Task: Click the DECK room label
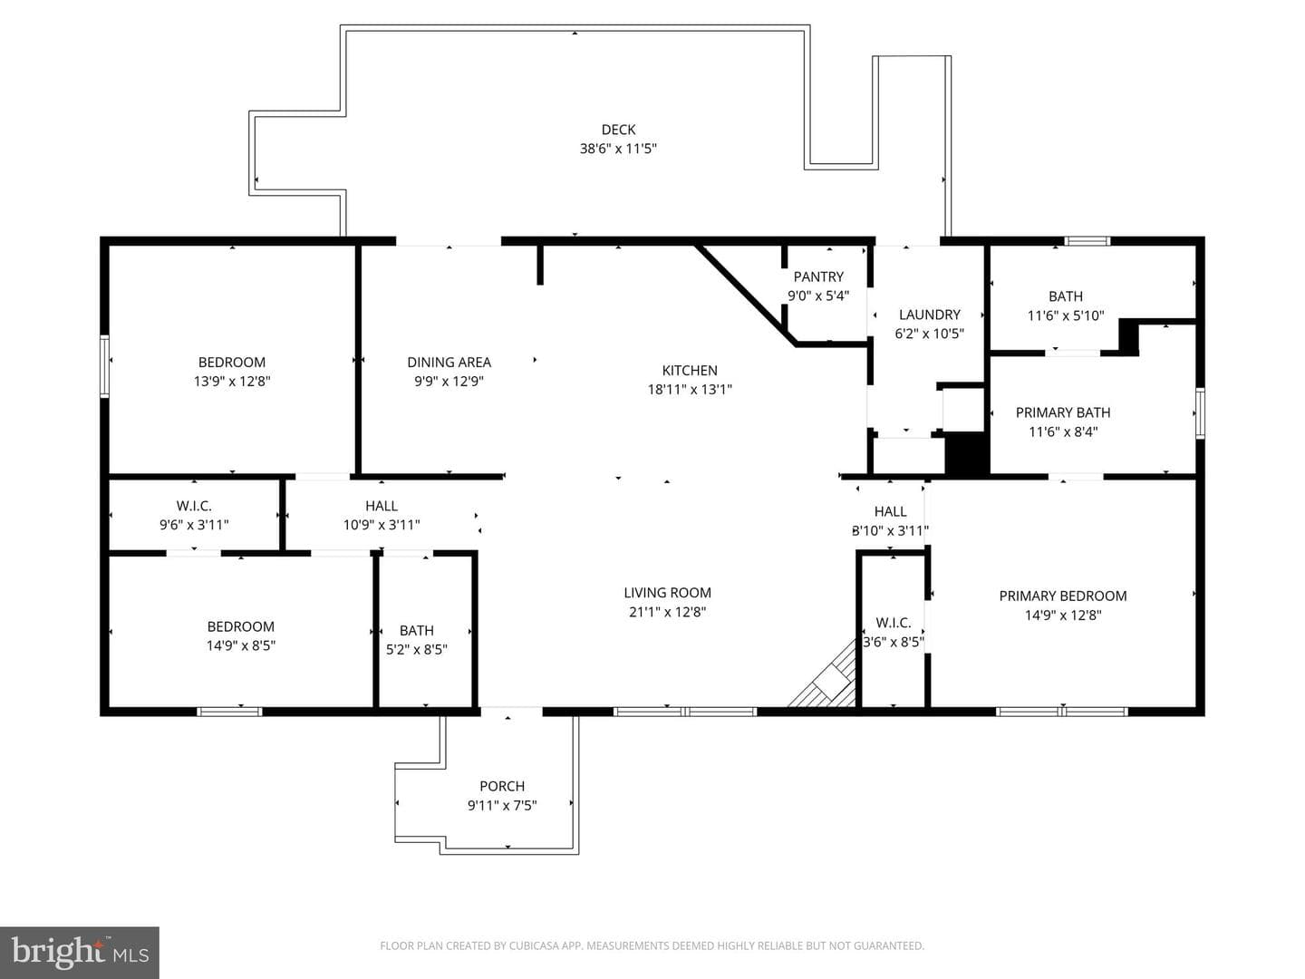pos(618,130)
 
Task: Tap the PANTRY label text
pos(818,276)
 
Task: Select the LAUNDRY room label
pos(929,315)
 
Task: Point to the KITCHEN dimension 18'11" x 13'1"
pos(690,390)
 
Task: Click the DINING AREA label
pos(449,362)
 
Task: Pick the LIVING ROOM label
pos(667,593)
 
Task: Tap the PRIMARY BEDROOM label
pos(1062,596)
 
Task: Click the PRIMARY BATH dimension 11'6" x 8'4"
pos(1062,431)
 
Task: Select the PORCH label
pos(502,786)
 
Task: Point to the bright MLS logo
pos(80,951)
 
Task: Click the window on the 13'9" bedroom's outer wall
pos(104,365)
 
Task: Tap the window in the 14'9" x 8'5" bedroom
pos(229,712)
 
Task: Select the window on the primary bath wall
pos(1200,413)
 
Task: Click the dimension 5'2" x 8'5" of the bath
pos(416,650)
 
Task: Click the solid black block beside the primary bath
pos(966,454)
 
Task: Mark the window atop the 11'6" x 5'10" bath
pos(1087,241)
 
